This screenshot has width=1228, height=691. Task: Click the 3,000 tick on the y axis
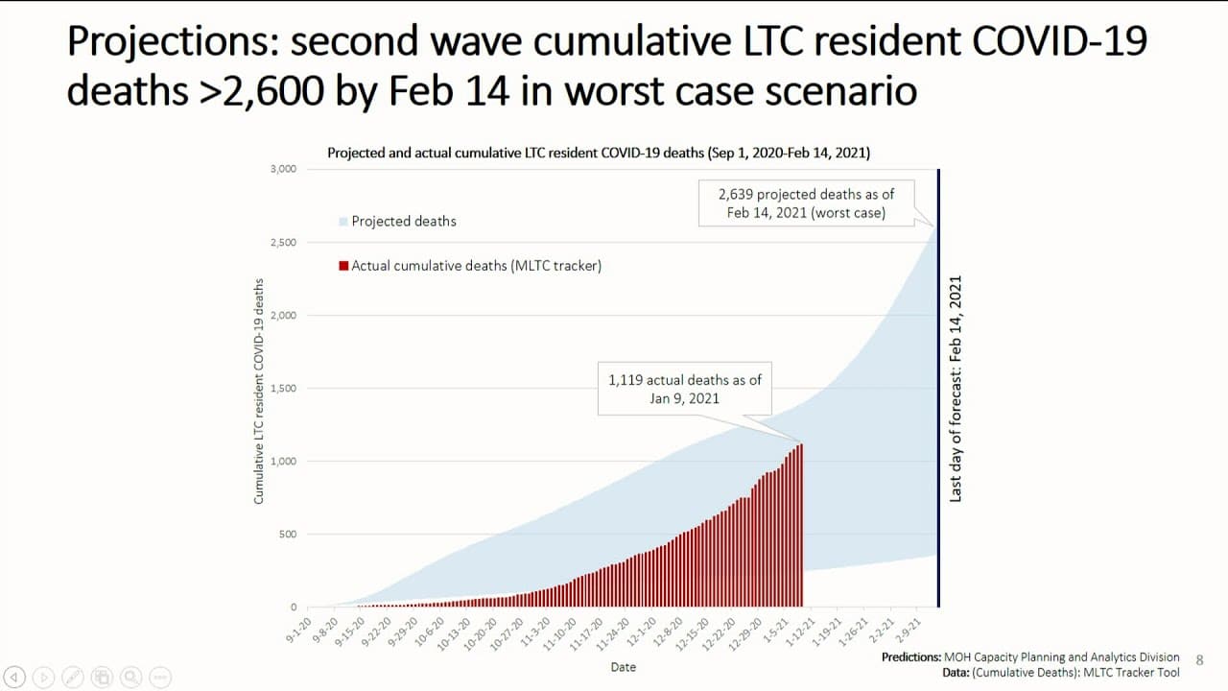click(x=284, y=170)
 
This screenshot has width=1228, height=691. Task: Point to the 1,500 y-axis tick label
click(x=285, y=389)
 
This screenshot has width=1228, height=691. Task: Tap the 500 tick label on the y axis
click(x=289, y=535)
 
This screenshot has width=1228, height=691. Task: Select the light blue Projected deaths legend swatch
click(x=342, y=222)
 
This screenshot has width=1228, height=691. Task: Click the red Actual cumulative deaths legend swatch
click(x=343, y=266)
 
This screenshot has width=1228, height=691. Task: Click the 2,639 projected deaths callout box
click(x=806, y=203)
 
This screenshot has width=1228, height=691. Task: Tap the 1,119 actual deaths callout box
click(x=684, y=389)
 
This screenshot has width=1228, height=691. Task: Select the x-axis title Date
click(x=623, y=667)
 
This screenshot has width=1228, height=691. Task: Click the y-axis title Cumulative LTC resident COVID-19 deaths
click(x=258, y=392)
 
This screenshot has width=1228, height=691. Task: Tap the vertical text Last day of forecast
click(x=956, y=389)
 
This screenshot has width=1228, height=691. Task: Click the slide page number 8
click(x=1199, y=660)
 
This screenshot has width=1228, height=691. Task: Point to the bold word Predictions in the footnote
click(x=912, y=657)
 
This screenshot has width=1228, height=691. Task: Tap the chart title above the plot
click(x=599, y=153)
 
